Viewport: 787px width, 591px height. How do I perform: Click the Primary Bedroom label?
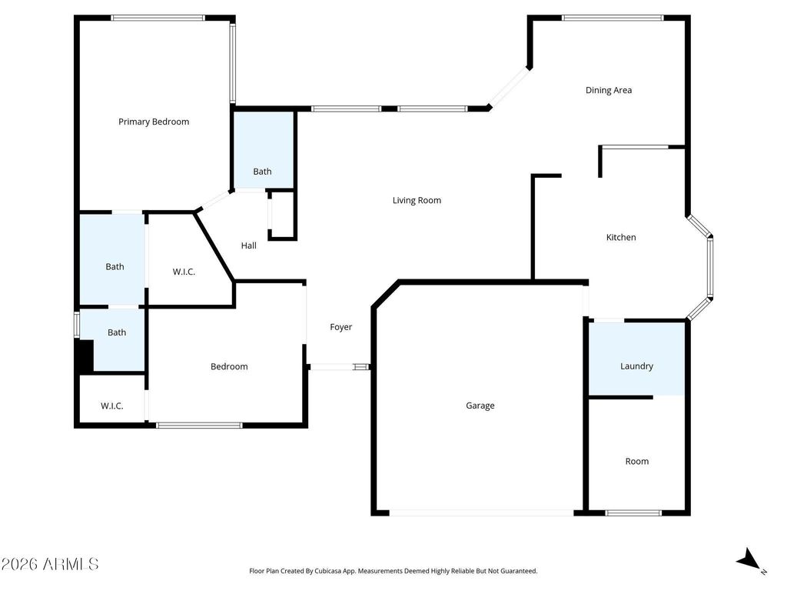tap(154, 122)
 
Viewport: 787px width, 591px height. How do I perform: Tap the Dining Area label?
tap(609, 90)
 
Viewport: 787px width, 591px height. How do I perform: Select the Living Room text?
tap(417, 200)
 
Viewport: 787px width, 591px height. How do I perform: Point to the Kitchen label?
tap(621, 237)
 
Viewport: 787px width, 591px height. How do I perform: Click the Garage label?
tap(480, 406)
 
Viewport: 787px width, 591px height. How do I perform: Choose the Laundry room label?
tap(636, 366)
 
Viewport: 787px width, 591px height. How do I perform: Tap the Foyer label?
tap(341, 327)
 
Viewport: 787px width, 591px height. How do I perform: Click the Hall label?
tap(249, 245)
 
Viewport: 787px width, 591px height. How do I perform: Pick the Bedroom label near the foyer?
tap(229, 366)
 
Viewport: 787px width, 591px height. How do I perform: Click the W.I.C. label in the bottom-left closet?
tap(112, 406)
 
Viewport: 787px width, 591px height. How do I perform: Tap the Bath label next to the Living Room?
tap(263, 172)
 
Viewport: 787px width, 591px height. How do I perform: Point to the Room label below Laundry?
tap(636, 461)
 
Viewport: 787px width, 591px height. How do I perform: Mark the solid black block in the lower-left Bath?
tap(84, 356)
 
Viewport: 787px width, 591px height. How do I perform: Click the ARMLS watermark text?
tap(50, 564)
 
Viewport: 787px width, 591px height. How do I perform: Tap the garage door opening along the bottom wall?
tap(481, 513)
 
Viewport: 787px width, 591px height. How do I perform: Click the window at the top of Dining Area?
tap(613, 18)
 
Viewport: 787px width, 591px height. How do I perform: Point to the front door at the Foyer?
tap(339, 367)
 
